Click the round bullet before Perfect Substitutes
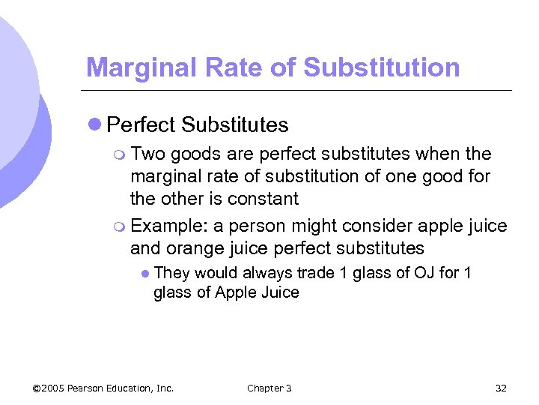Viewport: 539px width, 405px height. (x=94, y=124)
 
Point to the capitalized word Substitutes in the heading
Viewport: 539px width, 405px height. (x=234, y=124)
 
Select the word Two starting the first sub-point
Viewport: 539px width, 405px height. (x=147, y=154)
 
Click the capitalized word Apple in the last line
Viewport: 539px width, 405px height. (x=235, y=292)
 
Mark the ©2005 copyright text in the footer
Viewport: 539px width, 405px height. (x=49, y=388)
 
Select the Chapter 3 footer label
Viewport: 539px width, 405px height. (x=269, y=388)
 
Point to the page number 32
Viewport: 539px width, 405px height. (x=501, y=388)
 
